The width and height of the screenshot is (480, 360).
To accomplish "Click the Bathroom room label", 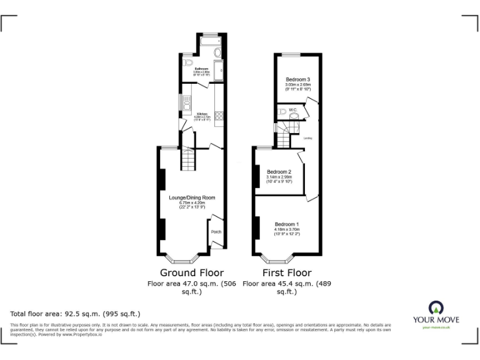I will (201, 68).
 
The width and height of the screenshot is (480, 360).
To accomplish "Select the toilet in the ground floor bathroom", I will (187, 64).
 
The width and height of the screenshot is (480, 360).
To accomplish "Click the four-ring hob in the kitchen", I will (219, 115).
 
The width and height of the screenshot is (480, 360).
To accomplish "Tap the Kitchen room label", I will (201, 113).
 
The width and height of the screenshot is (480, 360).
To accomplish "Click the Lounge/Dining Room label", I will (192, 197).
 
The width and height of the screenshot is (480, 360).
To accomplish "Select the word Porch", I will (216, 232).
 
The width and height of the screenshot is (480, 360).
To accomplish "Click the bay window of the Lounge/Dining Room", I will (182, 258).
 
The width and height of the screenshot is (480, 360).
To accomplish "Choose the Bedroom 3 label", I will (298, 80).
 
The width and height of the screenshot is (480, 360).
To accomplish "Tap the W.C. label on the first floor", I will (292, 111).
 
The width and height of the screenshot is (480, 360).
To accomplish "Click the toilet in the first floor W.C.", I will (282, 112).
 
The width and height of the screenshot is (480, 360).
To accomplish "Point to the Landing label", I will (307, 138).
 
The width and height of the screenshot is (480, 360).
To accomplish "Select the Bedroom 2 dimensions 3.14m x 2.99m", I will (279, 177).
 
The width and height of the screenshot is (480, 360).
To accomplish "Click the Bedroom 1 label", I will (287, 224).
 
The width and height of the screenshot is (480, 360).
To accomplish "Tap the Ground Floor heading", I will (192, 272).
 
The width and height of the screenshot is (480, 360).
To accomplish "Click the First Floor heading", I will (286, 272).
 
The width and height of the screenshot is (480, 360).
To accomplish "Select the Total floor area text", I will (76, 313).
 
